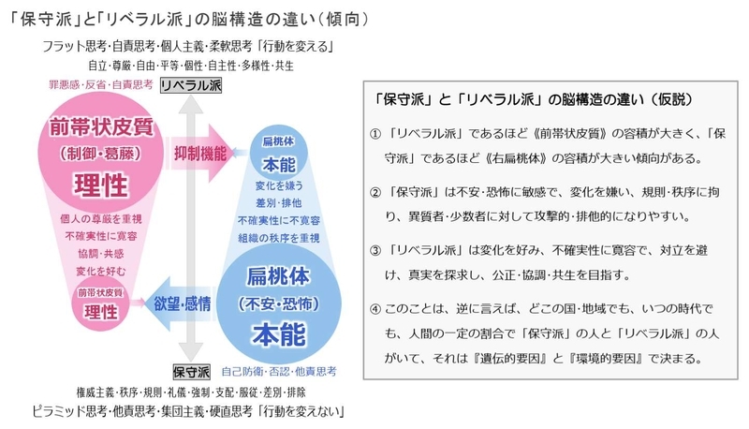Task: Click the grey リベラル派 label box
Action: [191, 85]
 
